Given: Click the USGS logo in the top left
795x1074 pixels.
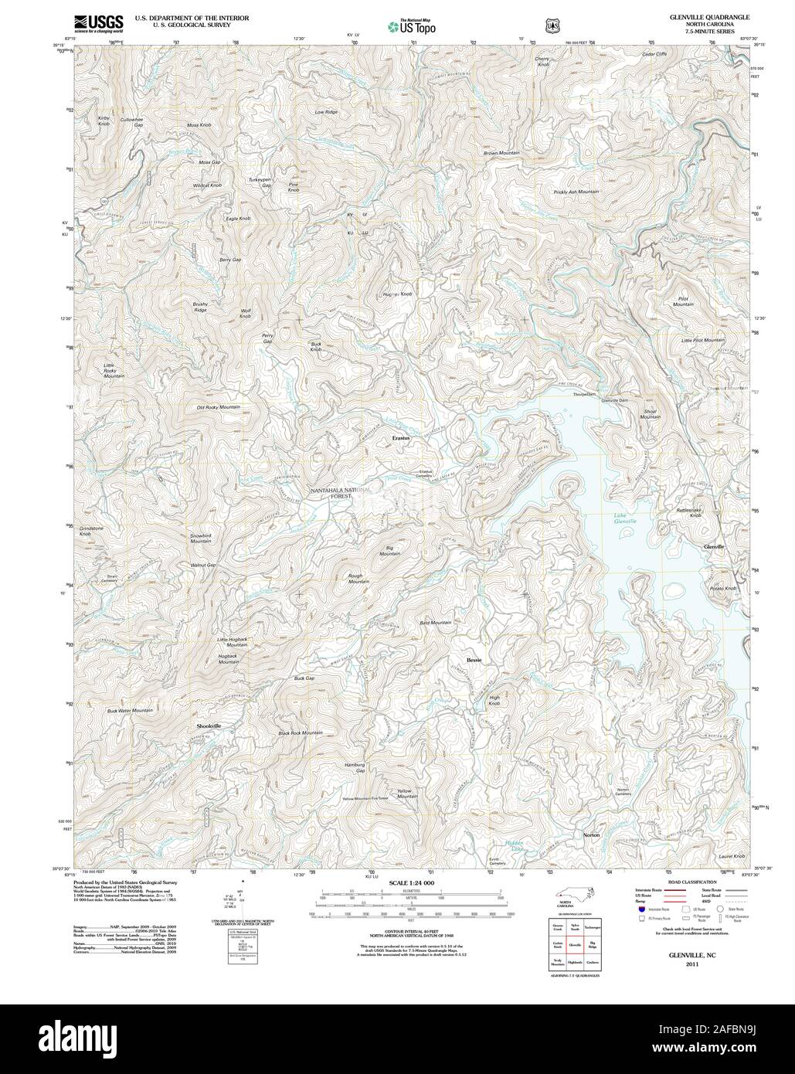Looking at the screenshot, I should pos(98,23).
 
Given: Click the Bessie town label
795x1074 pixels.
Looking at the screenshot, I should pos(474,659).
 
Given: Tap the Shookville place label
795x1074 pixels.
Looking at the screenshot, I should pos(206,726).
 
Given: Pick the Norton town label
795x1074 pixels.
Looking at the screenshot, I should pos(591,836).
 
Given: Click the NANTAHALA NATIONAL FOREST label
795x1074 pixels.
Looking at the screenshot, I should pos(341,493).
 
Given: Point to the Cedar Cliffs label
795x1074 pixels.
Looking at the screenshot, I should pos(655,54).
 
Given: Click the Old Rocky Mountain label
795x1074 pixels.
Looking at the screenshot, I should pos(219,407).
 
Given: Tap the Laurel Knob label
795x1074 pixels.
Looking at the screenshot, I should pos(733,856).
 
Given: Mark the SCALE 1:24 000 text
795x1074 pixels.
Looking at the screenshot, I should pos(412,882).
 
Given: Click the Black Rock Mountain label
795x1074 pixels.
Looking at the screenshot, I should pos(301,732).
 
